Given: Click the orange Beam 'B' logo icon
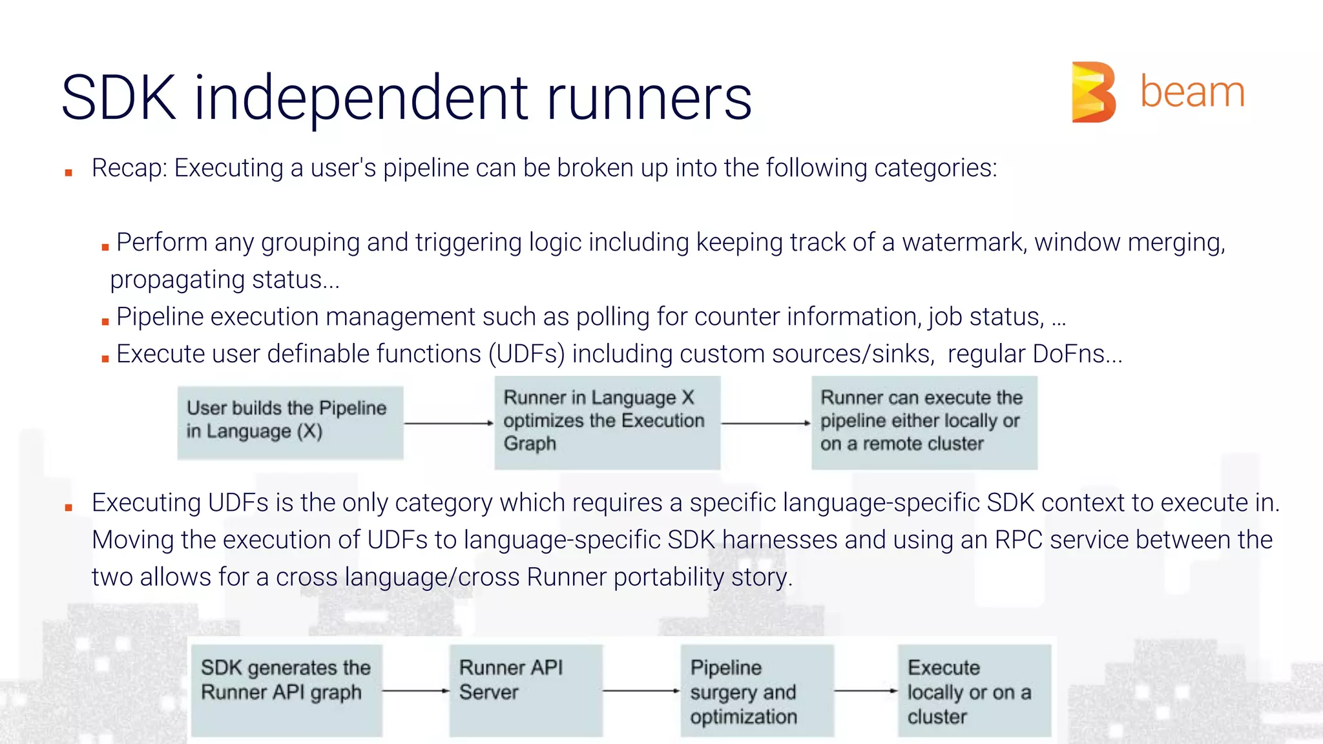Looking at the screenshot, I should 1093,92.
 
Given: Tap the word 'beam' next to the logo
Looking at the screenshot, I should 1192,92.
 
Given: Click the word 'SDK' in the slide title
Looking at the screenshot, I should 119,98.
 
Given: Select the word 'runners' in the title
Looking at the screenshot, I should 649,98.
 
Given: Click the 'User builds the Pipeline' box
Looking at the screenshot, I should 290,422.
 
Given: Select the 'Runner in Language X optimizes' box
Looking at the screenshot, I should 607,422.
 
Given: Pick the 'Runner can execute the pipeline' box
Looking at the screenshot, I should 924,422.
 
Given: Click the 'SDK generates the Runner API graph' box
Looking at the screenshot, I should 286,690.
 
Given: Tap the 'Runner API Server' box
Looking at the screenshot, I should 525,690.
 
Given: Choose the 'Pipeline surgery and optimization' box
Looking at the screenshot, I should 756,690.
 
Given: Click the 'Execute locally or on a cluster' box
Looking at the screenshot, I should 974,690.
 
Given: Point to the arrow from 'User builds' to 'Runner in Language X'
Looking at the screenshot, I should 448,423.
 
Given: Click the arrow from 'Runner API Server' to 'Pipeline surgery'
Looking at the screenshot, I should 641,690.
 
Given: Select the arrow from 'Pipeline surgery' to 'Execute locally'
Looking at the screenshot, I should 866,690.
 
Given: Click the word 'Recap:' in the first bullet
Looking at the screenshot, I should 129,168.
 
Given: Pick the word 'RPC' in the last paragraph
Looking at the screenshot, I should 1018,540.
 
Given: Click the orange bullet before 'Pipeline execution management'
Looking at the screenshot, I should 105,321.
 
